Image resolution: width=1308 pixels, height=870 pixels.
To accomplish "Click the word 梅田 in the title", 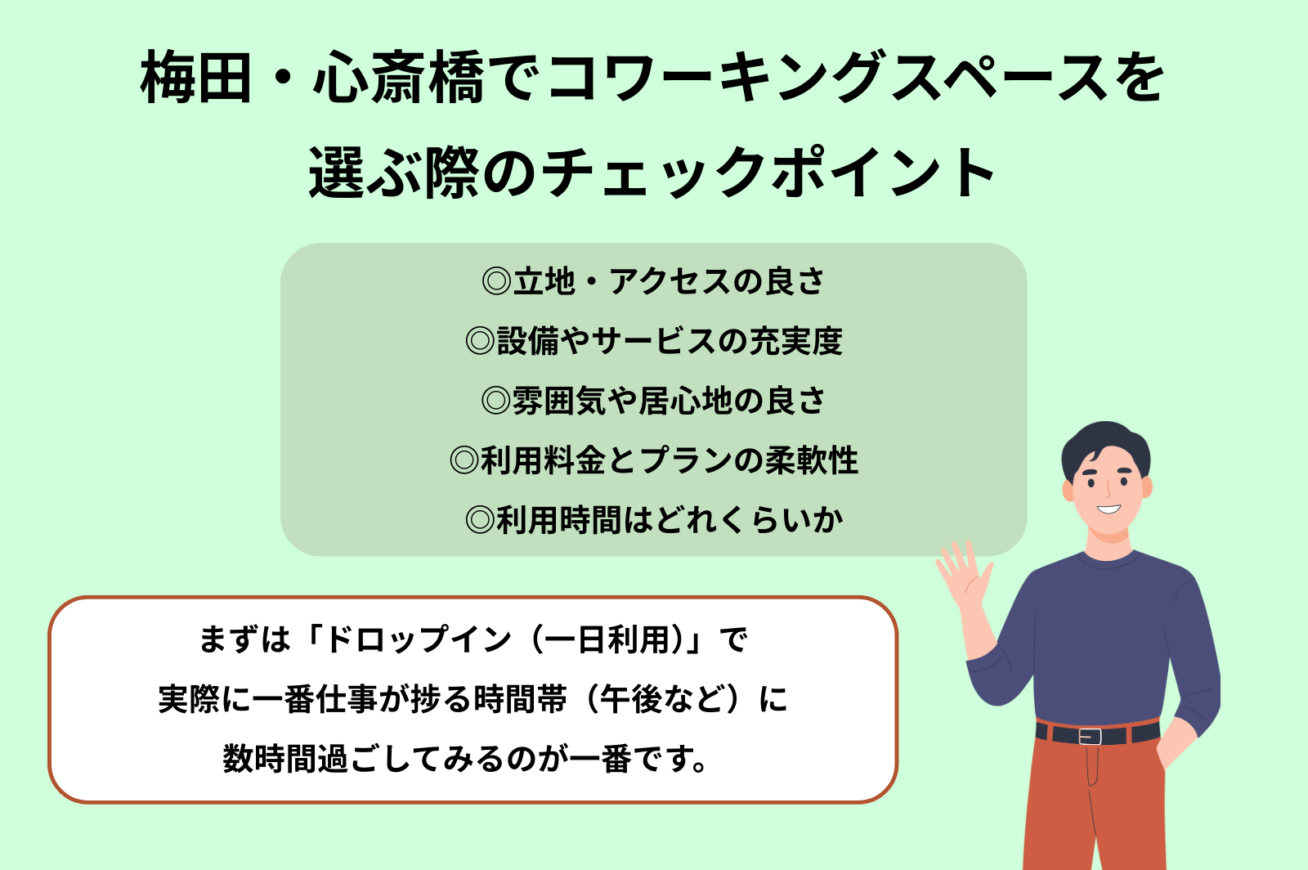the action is (x=196, y=78).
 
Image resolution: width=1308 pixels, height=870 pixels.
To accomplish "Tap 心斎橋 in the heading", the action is (x=399, y=78).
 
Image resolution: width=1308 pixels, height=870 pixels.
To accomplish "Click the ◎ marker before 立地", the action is (x=496, y=281).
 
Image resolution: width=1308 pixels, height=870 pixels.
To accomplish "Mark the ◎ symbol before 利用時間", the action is (x=480, y=520).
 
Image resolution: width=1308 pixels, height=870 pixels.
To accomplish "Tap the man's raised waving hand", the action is (x=964, y=575).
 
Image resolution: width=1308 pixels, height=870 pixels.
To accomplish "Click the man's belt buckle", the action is (x=1090, y=736).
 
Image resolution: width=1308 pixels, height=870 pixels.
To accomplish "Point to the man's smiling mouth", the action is (x=1108, y=509).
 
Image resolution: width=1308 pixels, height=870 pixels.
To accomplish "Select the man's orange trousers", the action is (x=1095, y=805).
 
